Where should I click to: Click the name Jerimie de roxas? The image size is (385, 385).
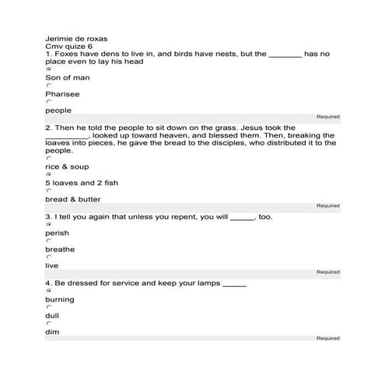point(76,38)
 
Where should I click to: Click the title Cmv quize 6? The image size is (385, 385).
point(68,47)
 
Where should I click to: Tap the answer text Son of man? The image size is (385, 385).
point(68,78)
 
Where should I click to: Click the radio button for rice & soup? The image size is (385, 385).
point(48,159)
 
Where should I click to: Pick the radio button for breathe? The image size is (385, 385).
point(48,241)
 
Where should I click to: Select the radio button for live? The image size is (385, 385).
point(48,257)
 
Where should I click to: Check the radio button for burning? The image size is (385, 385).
point(48,291)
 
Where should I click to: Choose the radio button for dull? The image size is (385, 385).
point(48,307)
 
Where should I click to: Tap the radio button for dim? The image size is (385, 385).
point(48,324)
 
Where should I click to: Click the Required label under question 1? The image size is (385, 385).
point(327,117)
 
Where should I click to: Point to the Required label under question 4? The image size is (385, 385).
point(327,338)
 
